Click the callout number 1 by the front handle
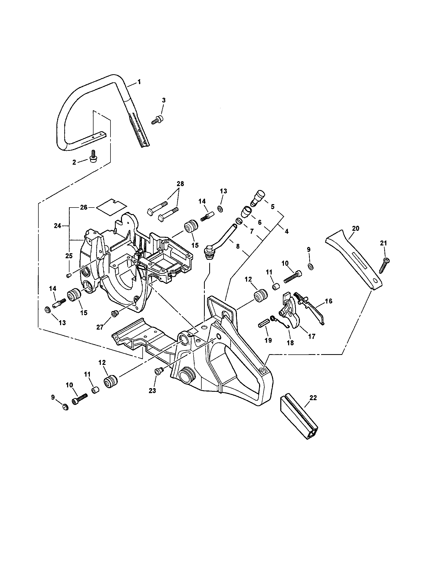(x=139, y=82)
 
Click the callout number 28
(x=180, y=184)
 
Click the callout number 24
(x=58, y=226)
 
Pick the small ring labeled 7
(x=238, y=221)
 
